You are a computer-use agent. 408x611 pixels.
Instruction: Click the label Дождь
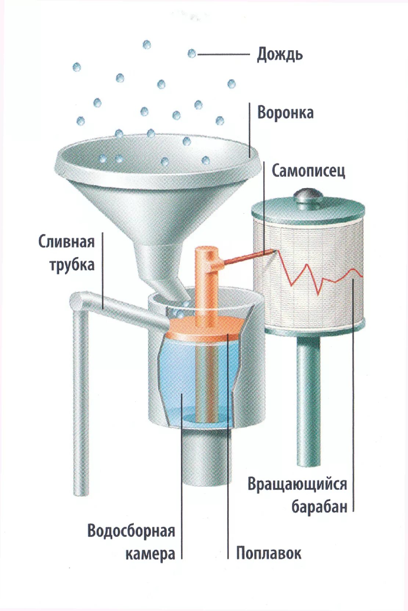tap(280, 54)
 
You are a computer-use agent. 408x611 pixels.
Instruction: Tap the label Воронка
tap(285, 113)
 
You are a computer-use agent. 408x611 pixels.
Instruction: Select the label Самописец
tap(308, 171)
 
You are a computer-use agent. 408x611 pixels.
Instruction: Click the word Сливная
tap(66, 242)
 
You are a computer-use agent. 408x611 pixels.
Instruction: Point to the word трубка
tap(72, 265)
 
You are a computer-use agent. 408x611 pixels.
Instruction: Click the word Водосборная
tap(131, 531)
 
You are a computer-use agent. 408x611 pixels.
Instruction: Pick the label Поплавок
tap(268, 553)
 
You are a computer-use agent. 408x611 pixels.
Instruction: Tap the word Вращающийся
tap(297, 484)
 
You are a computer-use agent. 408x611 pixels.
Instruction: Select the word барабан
tap(319, 507)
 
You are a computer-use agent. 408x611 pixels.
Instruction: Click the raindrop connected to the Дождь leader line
tap(191, 54)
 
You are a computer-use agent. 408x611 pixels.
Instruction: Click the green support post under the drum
tap(308, 400)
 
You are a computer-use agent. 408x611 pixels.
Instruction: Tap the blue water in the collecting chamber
tap(180, 374)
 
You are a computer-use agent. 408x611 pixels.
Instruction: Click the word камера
tap(150, 554)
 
